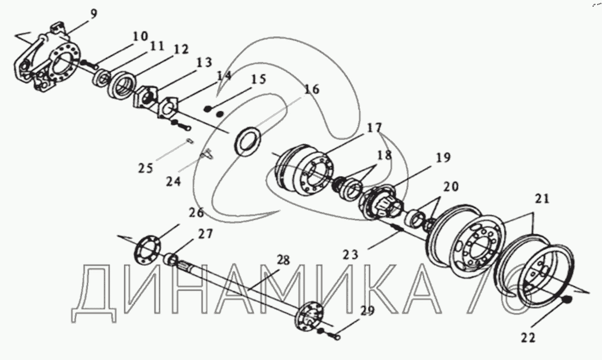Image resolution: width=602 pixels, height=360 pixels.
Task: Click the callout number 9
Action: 94,14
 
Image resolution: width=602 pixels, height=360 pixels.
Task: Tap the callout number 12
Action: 180,50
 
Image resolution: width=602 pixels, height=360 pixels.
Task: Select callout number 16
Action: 312,89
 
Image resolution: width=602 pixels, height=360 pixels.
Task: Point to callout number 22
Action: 528,338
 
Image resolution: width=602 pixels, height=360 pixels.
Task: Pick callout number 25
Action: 145,168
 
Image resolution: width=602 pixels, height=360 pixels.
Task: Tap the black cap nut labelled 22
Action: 567,300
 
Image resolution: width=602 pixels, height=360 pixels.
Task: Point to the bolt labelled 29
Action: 333,335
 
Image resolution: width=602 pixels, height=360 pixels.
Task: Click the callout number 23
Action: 351,255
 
